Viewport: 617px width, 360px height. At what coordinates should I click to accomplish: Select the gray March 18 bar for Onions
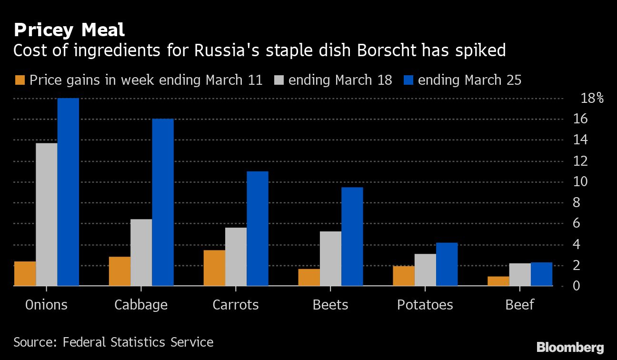point(47,214)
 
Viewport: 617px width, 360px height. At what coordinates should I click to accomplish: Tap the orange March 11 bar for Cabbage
point(119,271)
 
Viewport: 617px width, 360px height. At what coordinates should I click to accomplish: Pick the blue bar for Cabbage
point(163,202)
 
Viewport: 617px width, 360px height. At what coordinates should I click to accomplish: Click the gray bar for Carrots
point(236,257)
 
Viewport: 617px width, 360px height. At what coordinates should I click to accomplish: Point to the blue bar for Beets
point(352,237)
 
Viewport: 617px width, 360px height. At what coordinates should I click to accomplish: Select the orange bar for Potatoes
point(404,276)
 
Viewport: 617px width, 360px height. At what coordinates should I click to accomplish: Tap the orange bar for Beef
point(498,281)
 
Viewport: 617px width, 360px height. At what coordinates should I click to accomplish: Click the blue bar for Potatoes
point(447,264)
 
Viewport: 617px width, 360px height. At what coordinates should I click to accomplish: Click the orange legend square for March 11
point(20,80)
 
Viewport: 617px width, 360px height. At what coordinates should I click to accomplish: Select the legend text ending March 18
point(340,80)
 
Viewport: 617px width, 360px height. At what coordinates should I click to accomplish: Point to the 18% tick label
point(592,99)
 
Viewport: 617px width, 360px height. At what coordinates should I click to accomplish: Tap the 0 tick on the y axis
point(577,286)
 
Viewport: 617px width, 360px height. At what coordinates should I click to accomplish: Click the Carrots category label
point(236,305)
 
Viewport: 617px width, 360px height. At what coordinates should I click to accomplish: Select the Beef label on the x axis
point(520,305)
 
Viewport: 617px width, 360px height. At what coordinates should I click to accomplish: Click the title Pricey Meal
point(69,30)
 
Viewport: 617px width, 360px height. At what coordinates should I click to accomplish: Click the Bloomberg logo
point(570,347)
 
